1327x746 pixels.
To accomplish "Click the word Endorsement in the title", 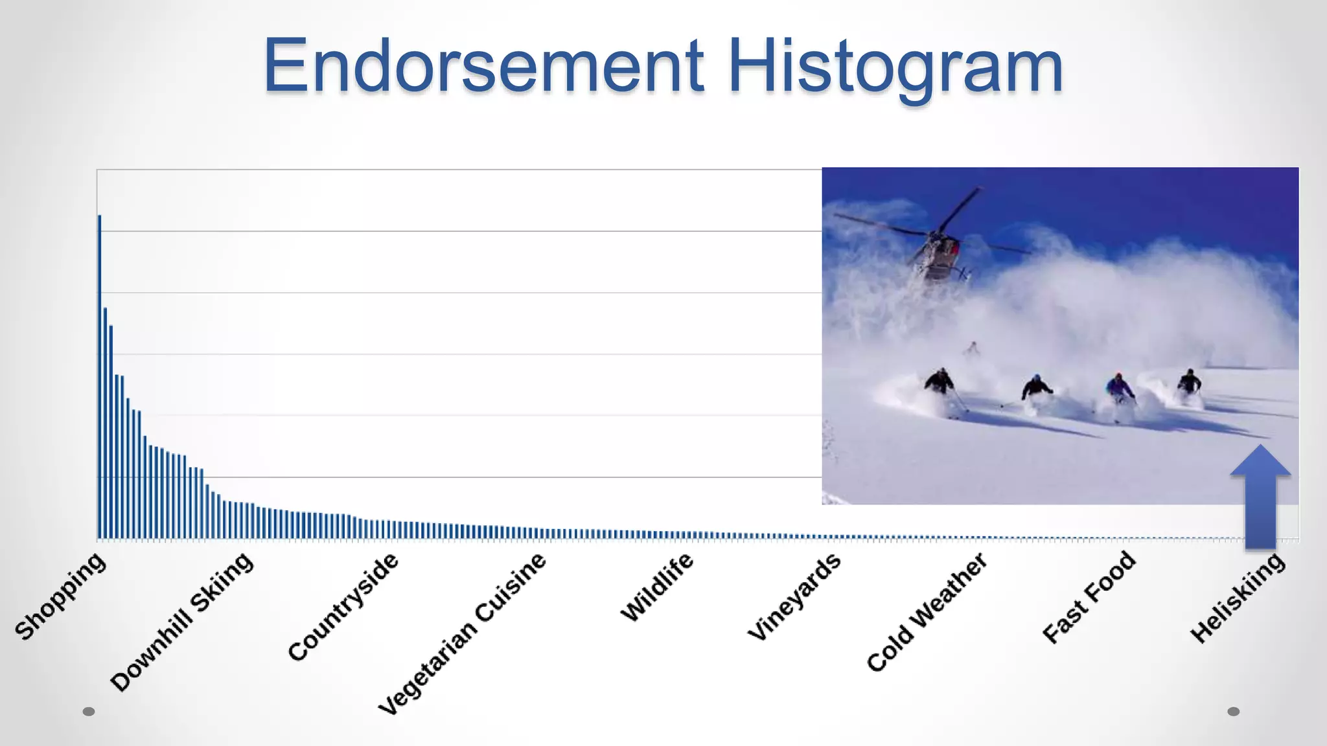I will tap(483, 66).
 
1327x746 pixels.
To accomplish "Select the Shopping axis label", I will tap(60, 596).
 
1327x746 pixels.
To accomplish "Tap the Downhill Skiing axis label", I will tap(182, 622).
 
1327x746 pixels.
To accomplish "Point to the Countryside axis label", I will tap(343, 607).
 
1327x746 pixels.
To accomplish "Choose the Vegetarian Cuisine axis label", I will tap(463, 634).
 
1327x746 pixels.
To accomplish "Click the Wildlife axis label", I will tap(657, 587).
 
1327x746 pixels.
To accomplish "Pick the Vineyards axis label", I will tap(794, 596).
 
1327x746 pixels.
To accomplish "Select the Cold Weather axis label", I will tap(927, 612).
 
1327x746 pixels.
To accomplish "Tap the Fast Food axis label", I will tap(1089, 596).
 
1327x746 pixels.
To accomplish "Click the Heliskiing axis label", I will tap(1238, 598).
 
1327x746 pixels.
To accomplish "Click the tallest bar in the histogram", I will tap(100, 376).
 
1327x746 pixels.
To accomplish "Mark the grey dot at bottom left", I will tap(89, 712).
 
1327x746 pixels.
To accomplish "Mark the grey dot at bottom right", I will tap(1234, 712).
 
